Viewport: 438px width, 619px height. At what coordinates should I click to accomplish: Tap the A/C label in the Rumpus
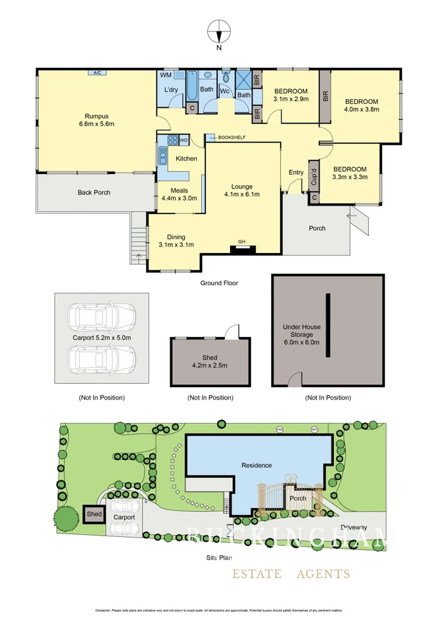(x=97, y=72)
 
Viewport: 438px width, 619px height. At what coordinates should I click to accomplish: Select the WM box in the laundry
(x=166, y=76)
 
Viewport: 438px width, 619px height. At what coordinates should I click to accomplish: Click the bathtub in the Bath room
(x=193, y=86)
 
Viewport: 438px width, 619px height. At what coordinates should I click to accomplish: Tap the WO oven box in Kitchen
(x=185, y=140)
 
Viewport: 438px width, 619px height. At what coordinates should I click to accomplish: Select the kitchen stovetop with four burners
(x=174, y=140)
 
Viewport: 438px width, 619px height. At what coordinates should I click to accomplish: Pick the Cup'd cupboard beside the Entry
(x=314, y=173)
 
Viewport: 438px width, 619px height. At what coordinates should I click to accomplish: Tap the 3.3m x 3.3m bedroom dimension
(x=349, y=176)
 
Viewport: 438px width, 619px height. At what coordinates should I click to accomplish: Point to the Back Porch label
(x=93, y=193)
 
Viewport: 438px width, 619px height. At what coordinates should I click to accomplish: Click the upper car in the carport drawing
(x=103, y=317)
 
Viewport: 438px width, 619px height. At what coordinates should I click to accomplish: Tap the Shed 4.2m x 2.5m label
(x=209, y=361)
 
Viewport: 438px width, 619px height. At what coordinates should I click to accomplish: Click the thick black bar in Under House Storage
(x=326, y=325)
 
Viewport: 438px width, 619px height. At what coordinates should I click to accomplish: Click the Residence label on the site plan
(x=256, y=465)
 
